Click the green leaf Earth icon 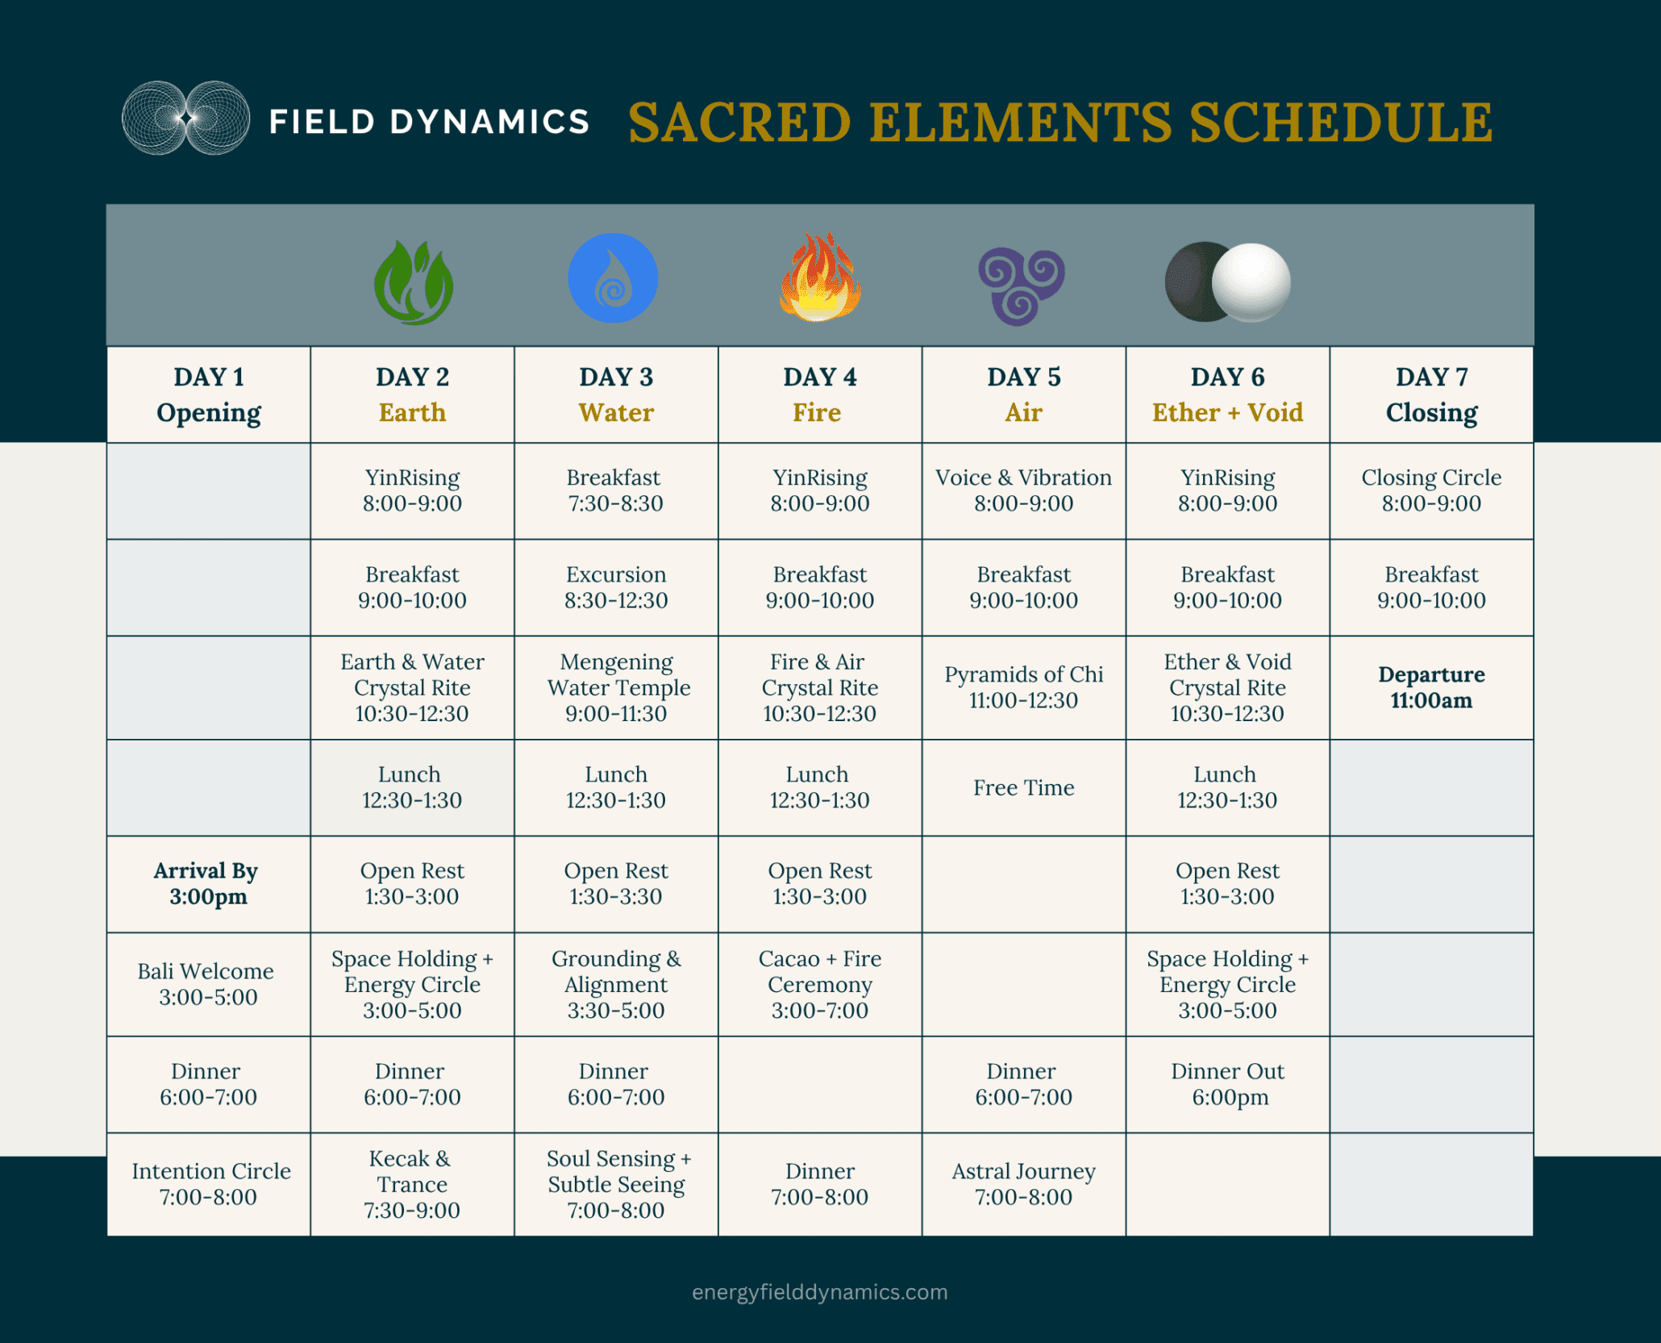click(x=414, y=282)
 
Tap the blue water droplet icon click(x=613, y=278)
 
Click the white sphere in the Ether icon click(x=1251, y=282)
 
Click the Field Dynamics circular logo click(x=186, y=118)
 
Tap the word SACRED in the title click(x=739, y=123)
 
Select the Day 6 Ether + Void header click(x=1227, y=394)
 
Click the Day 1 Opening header click(x=209, y=394)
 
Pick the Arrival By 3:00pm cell click(x=209, y=884)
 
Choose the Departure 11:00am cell click(x=1431, y=687)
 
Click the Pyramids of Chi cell click(x=1024, y=687)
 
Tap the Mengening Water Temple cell click(x=616, y=687)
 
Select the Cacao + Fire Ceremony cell click(x=820, y=984)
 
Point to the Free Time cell click(x=1024, y=787)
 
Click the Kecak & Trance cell click(x=412, y=1184)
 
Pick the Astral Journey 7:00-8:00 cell click(x=1024, y=1184)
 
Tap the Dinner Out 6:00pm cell click(x=1227, y=1084)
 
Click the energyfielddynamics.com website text click(x=820, y=1291)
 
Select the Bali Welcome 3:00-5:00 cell click(x=209, y=984)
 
